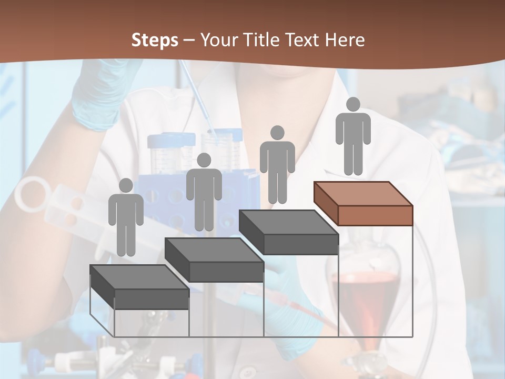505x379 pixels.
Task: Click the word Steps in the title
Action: (x=155, y=40)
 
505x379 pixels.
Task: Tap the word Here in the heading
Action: (x=345, y=40)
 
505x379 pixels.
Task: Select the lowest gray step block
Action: (x=139, y=287)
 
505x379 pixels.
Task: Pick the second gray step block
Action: (x=214, y=260)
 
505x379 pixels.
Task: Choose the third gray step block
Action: (x=288, y=232)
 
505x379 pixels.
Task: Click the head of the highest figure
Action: (x=353, y=104)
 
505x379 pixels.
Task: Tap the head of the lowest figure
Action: (x=126, y=185)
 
